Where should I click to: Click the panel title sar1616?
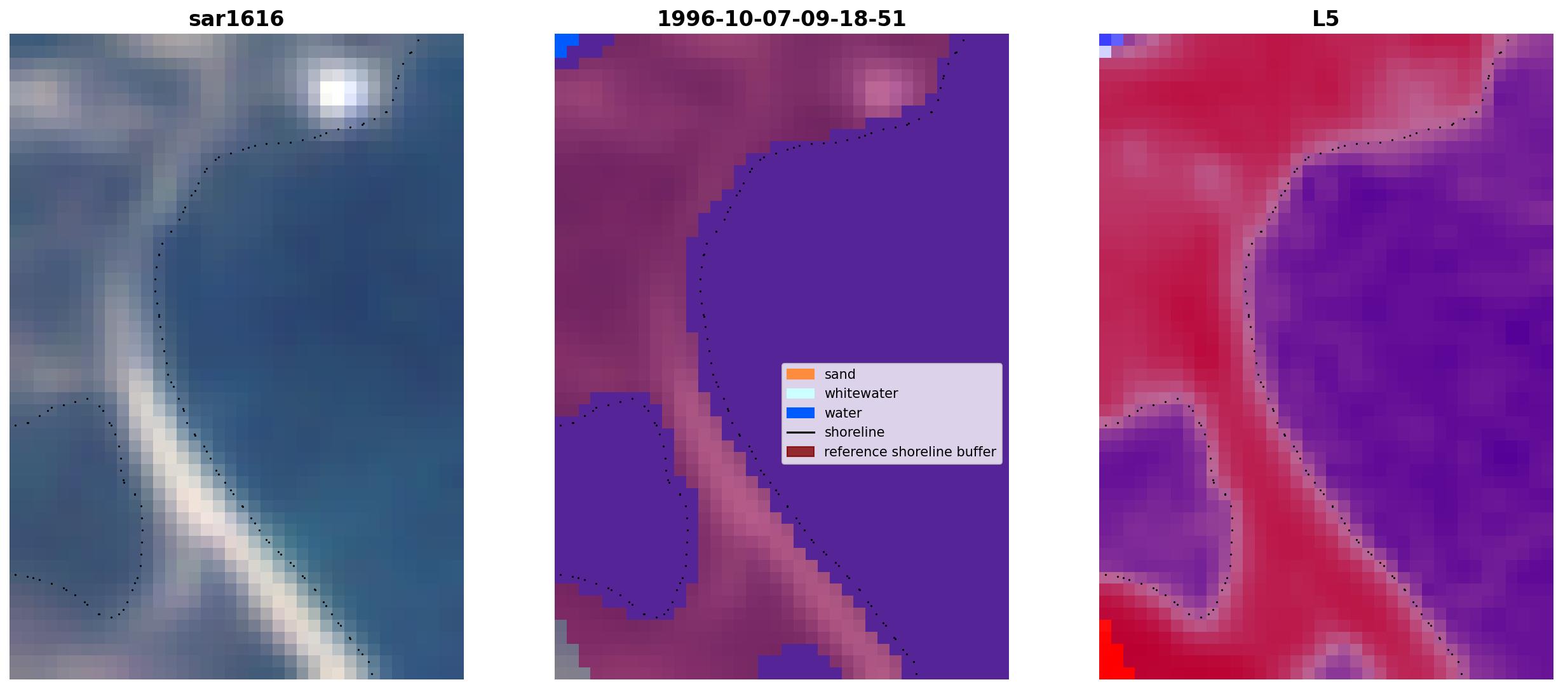tap(236, 19)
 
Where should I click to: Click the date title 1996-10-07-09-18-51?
tap(781, 19)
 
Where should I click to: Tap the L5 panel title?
tap(1326, 19)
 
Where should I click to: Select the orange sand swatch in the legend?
tap(801, 374)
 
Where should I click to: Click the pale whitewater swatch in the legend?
tap(801, 393)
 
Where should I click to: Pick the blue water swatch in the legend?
tap(801, 413)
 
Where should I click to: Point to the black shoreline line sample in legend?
tap(801, 432)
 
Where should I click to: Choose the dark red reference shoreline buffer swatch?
tap(801, 452)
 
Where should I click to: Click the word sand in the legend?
tap(840, 374)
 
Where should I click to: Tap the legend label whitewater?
tap(861, 393)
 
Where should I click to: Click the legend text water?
tap(843, 413)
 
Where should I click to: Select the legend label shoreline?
tap(855, 432)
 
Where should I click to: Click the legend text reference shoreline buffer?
tap(910, 452)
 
